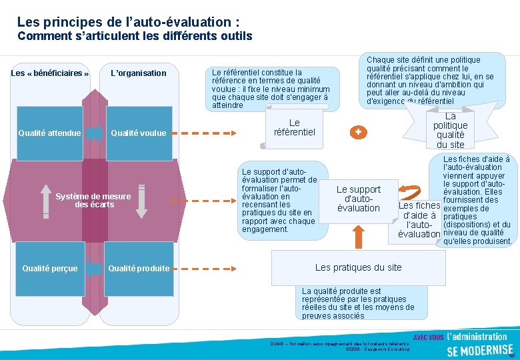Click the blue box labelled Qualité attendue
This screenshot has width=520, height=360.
49,133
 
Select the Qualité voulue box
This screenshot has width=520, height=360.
138,133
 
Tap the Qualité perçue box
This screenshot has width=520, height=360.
49,269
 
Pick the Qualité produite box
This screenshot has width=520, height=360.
138,269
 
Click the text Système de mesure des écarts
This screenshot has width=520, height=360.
93,200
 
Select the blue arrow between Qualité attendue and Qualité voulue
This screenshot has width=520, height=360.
95,133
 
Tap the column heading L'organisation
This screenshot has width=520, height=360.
138,73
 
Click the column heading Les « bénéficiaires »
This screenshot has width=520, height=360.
50,73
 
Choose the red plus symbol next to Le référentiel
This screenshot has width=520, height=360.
359,132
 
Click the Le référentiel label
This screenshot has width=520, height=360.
294,127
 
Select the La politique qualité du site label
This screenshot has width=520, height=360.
450,131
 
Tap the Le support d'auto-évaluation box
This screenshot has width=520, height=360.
358,199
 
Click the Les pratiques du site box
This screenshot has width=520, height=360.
358,267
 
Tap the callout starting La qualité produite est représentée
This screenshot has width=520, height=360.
358,303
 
